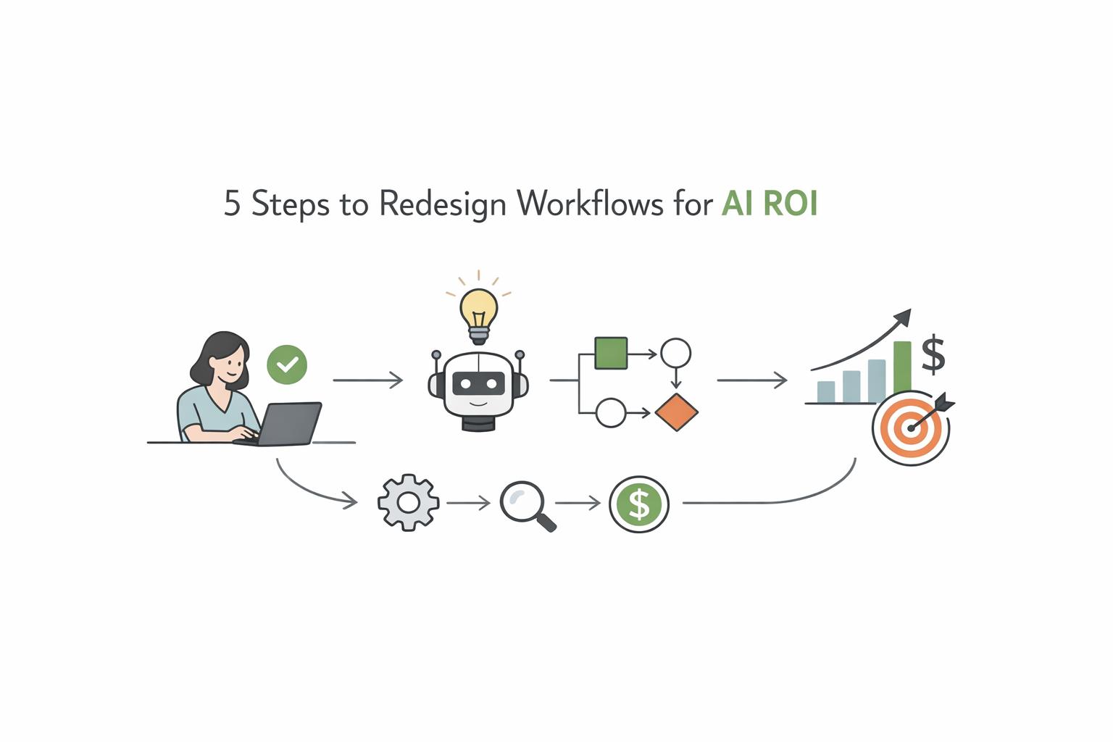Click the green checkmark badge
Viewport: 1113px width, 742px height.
pos(287,364)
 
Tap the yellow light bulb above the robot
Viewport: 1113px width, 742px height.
pos(478,309)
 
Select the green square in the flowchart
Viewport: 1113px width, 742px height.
pos(610,354)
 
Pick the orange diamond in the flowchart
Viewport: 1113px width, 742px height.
pos(676,412)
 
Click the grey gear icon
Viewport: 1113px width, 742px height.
pos(409,502)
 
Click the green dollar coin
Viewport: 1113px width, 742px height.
pos(638,504)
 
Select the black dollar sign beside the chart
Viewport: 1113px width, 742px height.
pos(933,354)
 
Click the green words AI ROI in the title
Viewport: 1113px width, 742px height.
pos(770,204)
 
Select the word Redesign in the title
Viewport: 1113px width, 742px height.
pos(442,204)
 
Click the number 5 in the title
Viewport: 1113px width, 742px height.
pos(232,204)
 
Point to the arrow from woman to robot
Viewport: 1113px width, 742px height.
pos(367,380)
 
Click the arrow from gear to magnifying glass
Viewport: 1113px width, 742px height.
pos(468,502)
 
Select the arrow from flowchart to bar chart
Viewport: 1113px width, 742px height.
pos(751,380)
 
